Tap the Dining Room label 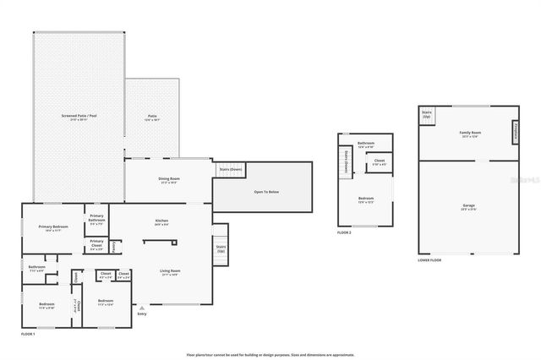[169, 179]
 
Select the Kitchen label [161, 222]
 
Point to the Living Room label [170, 271]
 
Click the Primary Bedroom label [52, 227]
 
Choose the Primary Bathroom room [96, 222]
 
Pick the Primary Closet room [96, 247]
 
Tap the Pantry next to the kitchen [116, 247]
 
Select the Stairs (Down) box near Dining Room [231, 169]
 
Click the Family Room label [469, 134]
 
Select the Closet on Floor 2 [380, 162]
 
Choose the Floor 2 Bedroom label [365, 200]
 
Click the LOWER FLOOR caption [429, 260]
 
